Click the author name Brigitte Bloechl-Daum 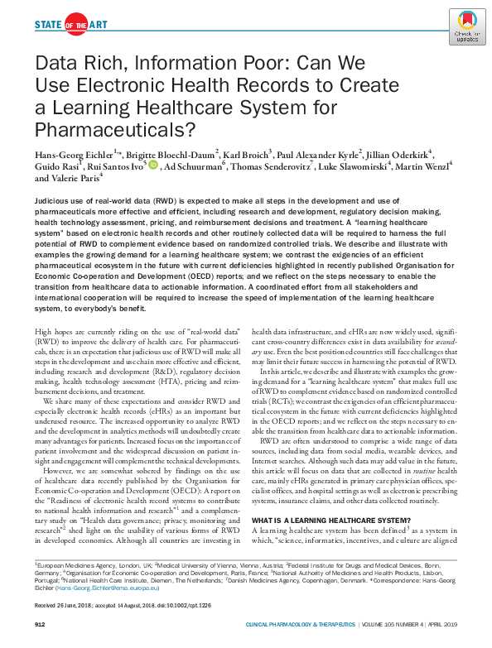click(x=169, y=154)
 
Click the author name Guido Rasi click(x=55, y=166)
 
